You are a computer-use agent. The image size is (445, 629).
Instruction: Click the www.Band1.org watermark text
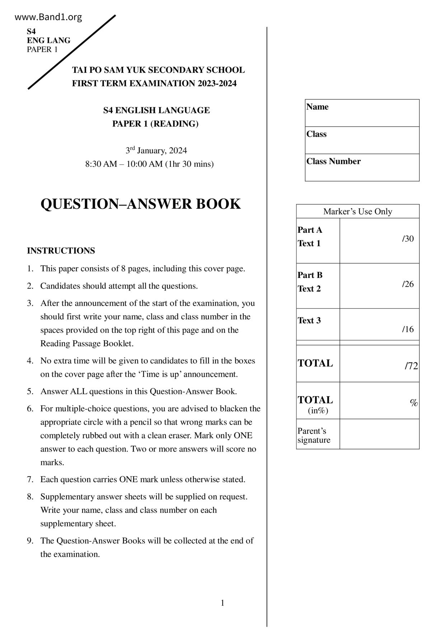click(48, 17)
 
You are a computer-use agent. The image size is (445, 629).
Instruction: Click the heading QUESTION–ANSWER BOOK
click(140, 204)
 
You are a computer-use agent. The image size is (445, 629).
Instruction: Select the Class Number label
click(333, 161)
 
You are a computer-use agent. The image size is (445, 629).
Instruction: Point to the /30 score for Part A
click(408, 239)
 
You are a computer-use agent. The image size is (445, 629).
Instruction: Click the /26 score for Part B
click(408, 284)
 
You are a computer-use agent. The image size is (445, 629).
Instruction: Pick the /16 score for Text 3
click(408, 329)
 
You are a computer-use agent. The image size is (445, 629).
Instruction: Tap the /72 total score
click(411, 366)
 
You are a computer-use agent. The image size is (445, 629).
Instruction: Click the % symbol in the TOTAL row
click(414, 403)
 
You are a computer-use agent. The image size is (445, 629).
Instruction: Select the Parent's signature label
click(314, 435)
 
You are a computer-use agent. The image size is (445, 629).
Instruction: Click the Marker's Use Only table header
click(357, 212)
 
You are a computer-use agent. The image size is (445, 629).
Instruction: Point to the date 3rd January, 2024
click(156, 150)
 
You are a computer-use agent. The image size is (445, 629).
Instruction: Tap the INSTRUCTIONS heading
click(61, 251)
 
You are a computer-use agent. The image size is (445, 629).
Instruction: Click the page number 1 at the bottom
click(222, 603)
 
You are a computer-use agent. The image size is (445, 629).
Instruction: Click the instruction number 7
click(30, 479)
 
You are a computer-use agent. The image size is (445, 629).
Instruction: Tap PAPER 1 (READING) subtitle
click(155, 124)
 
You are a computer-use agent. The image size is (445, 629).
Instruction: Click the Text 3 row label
click(309, 321)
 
